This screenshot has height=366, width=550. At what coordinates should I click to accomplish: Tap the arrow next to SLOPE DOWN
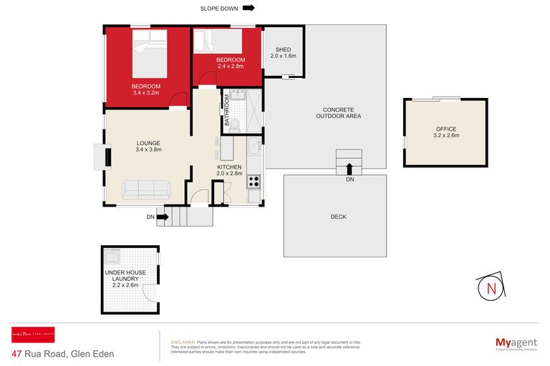click(x=249, y=9)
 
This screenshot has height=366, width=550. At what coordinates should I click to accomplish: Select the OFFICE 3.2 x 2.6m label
click(x=446, y=132)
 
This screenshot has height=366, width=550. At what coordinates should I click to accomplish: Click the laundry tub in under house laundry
click(x=113, y=257)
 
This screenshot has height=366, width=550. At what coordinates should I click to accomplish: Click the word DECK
click(x=339, y=217)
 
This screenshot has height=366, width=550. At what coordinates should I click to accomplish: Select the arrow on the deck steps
click(x=349, y=169)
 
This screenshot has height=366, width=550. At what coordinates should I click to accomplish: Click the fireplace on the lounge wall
click(x=101, y=155)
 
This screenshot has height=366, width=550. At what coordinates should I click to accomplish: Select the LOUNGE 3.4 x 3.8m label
click(x=148, y=146)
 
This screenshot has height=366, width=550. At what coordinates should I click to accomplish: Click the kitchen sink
click(x=254, y=148)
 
